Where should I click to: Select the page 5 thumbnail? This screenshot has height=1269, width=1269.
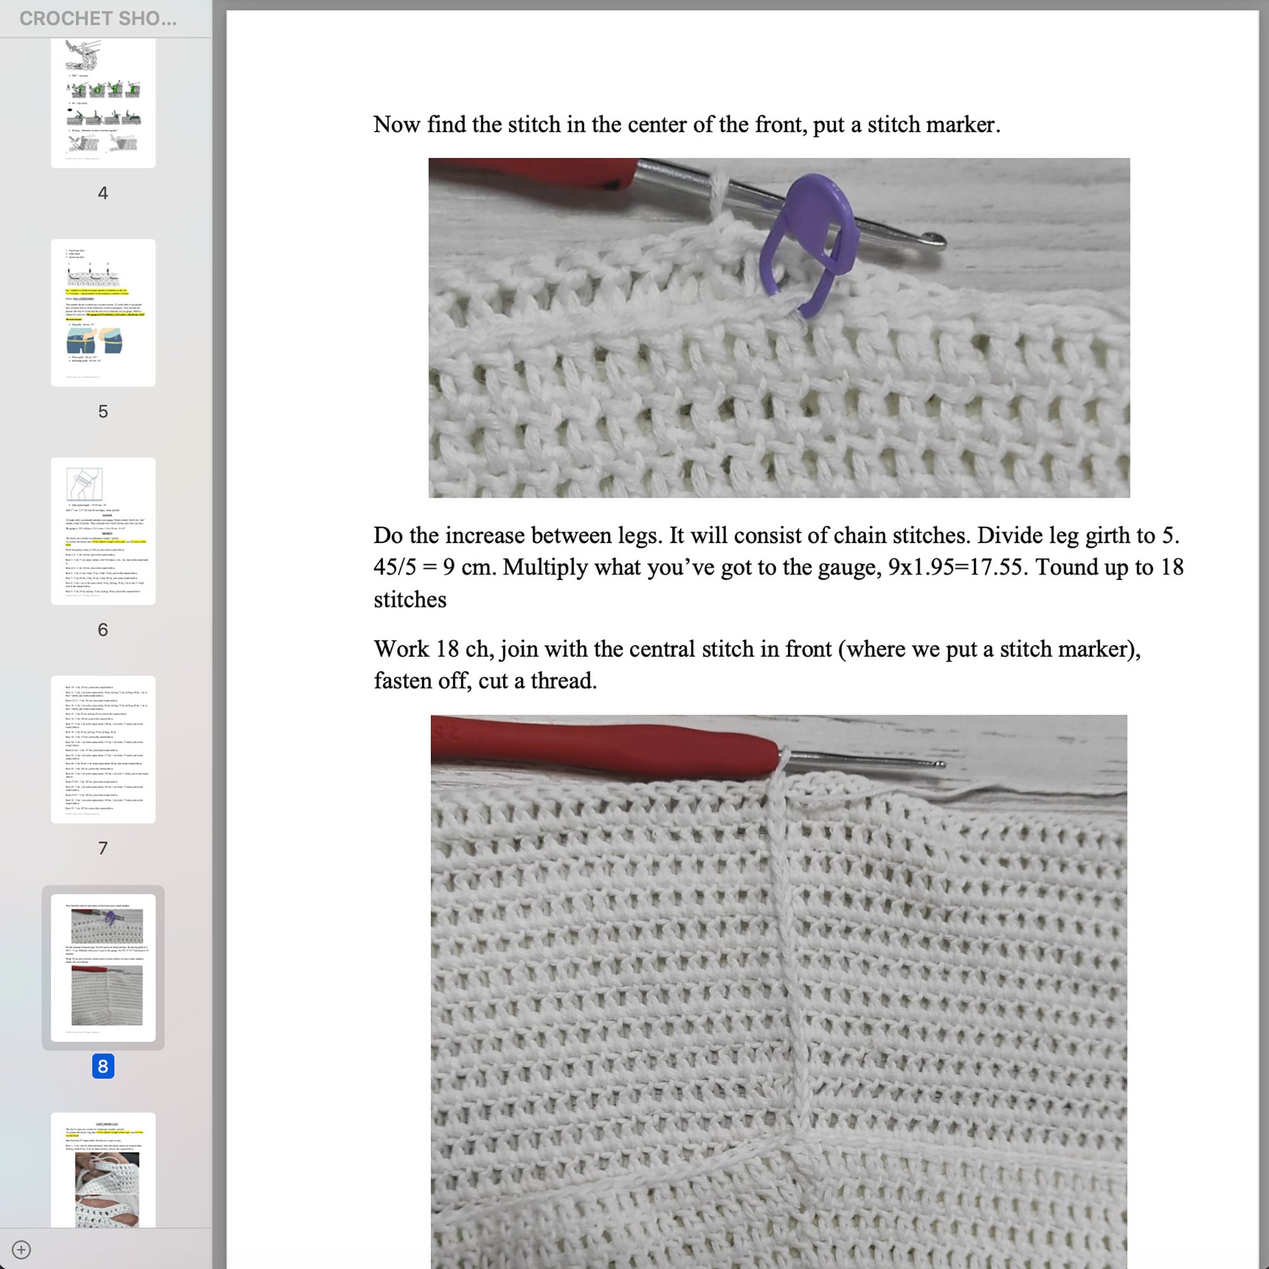(x=103, y=313)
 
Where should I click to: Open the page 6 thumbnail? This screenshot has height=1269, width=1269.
(x=103, y=530)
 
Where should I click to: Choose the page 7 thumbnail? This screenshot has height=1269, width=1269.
(x=103, y=749)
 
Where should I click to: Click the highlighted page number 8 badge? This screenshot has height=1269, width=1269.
(x=103, y=1065)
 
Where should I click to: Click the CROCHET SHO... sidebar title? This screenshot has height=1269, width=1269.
(x=98, y=18)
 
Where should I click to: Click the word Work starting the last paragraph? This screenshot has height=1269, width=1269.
(x=400, y=649)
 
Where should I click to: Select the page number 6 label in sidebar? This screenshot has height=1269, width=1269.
(x=103, y=630)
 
